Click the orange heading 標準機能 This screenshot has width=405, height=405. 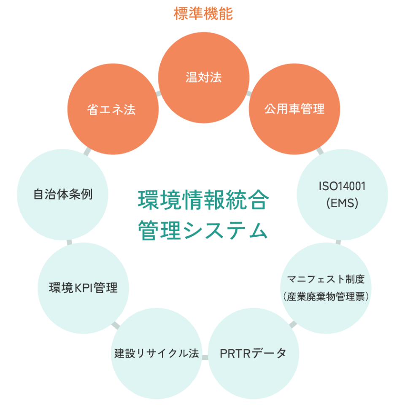point(203,13)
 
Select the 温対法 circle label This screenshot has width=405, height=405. point(204,77)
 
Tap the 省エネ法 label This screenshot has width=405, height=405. point(111,110)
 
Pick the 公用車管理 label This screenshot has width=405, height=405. point(294,109)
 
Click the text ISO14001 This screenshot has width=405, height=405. point(342,186)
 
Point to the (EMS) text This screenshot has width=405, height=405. point(342,203)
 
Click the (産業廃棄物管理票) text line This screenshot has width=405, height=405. point(326,297)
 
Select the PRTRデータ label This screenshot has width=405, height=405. point(253,353)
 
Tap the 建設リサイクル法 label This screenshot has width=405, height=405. point(157,353)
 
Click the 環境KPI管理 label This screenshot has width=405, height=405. point(84,288)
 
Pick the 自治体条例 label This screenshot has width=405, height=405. point(63,195)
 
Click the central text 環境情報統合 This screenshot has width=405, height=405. point(203,200)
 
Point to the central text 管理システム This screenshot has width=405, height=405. point(203,231)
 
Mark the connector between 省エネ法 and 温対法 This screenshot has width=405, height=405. point(159,93)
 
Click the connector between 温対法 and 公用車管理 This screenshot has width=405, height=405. point(249,93)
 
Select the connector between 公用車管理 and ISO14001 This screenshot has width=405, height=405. point(320,150)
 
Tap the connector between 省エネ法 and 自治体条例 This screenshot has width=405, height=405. point(87,151)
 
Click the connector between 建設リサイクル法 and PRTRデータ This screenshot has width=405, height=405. point(205,357)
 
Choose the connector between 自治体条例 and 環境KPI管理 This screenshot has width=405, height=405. point(69,241)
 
